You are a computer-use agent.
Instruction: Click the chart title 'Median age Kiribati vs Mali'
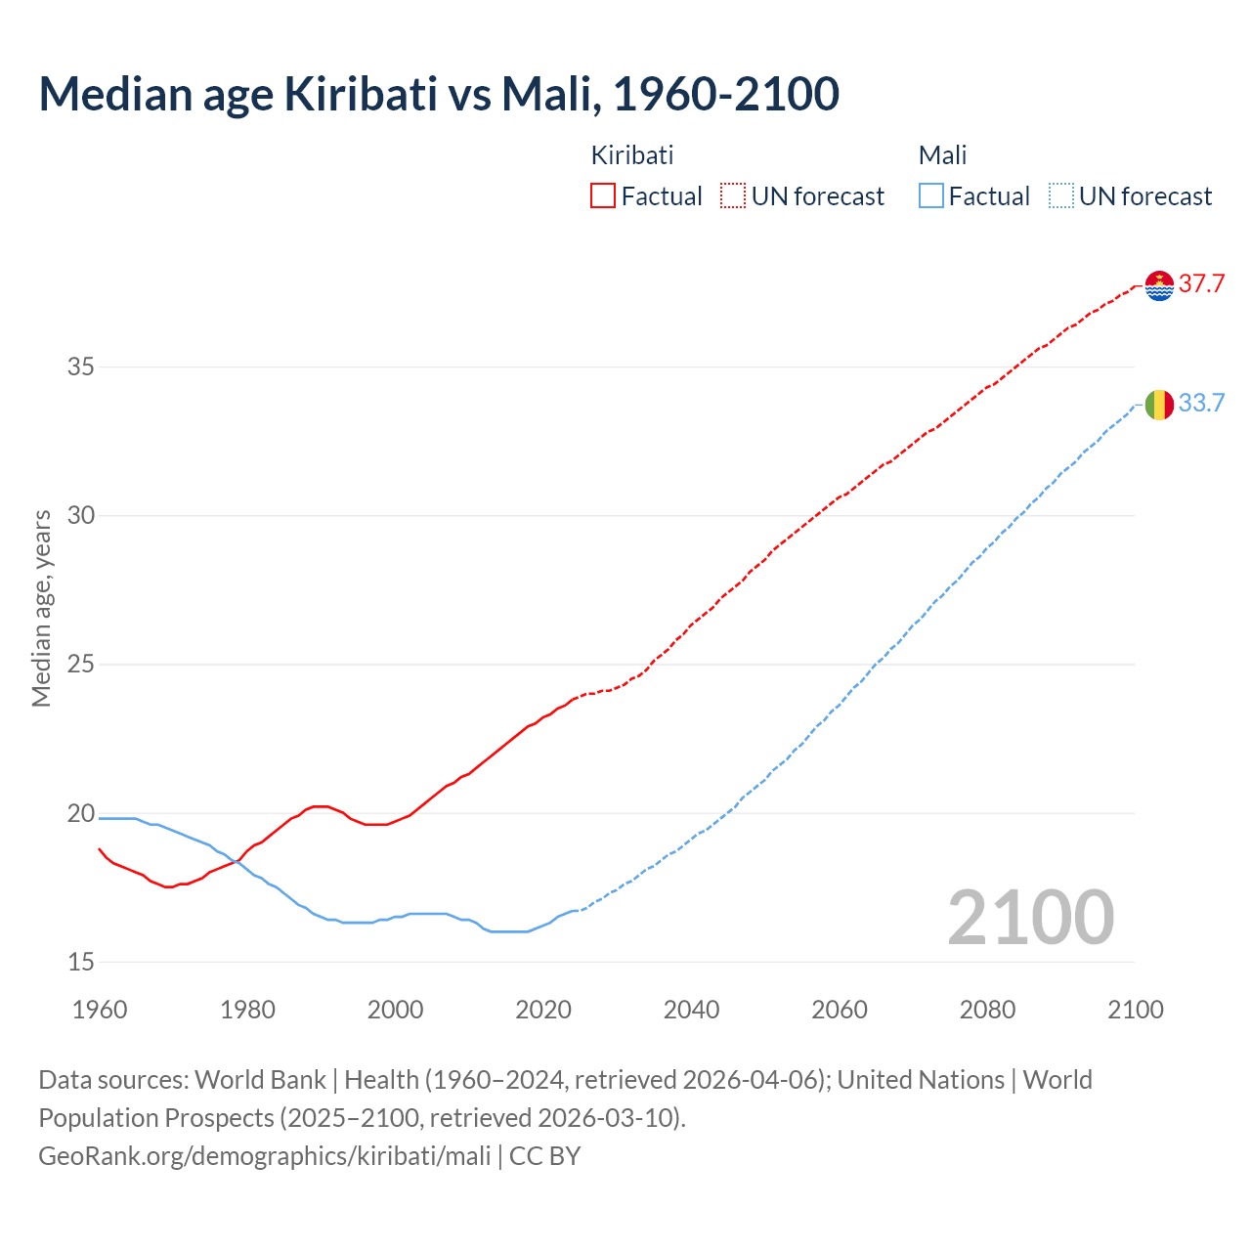[439, 95]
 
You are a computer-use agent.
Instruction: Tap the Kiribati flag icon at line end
[1159, 285]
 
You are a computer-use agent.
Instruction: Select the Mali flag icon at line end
[1159, 404]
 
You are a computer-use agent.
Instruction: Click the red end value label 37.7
[1201, 284]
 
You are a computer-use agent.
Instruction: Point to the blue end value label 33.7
[1201, 403]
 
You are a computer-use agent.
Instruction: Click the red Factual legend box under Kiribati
[603, 196]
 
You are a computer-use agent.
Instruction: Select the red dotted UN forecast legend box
[733, 196]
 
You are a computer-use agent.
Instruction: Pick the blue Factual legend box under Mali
[931, 196]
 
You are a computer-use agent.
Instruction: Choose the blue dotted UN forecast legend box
[1061, 196]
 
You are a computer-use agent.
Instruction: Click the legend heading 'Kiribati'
[632, 155]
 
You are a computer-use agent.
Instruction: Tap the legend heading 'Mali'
[942, 155]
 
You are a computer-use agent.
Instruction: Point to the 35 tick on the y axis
[80, 367]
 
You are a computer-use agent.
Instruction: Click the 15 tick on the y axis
[80, 963]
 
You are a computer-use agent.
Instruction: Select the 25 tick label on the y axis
[80, 665]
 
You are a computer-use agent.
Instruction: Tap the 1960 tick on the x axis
[100, 1010]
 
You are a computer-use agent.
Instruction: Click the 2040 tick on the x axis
[691, 1010]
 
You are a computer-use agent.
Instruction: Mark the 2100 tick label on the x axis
[1135, 1010]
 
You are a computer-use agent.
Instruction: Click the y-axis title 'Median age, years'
[41, 608]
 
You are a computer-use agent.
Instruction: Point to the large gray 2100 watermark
[1031, 918]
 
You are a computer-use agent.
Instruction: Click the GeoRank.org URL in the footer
[265, 1156]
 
